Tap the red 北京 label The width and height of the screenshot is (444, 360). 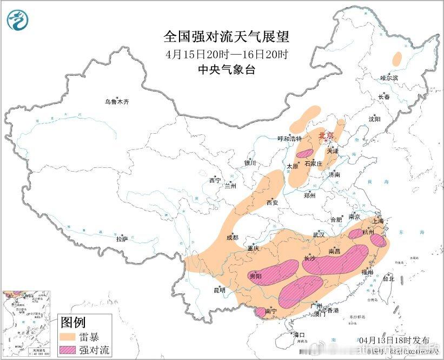[326, 135]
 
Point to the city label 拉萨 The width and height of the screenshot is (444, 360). [122, 239]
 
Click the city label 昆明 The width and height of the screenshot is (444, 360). [219, 290]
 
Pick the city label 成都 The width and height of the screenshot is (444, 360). [232, 237]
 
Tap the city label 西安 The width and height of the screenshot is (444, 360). [271, 203]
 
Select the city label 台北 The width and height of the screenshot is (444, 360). [388, 279]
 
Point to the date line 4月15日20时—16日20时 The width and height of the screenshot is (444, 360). [227, 54]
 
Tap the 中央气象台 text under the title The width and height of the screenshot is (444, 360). [227, 70]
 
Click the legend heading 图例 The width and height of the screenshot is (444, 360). [72, 323]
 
